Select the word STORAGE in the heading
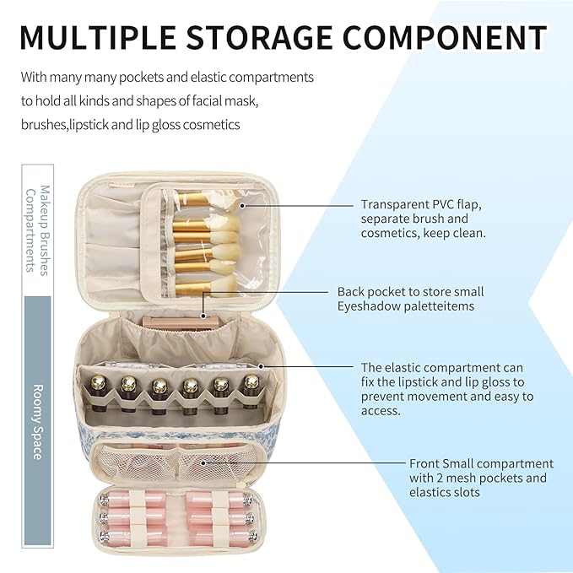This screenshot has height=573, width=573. (x=282, y=38)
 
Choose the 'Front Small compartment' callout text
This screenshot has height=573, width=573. (x=481, y=463)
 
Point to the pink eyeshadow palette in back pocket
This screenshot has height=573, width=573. (x=177, y=320)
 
